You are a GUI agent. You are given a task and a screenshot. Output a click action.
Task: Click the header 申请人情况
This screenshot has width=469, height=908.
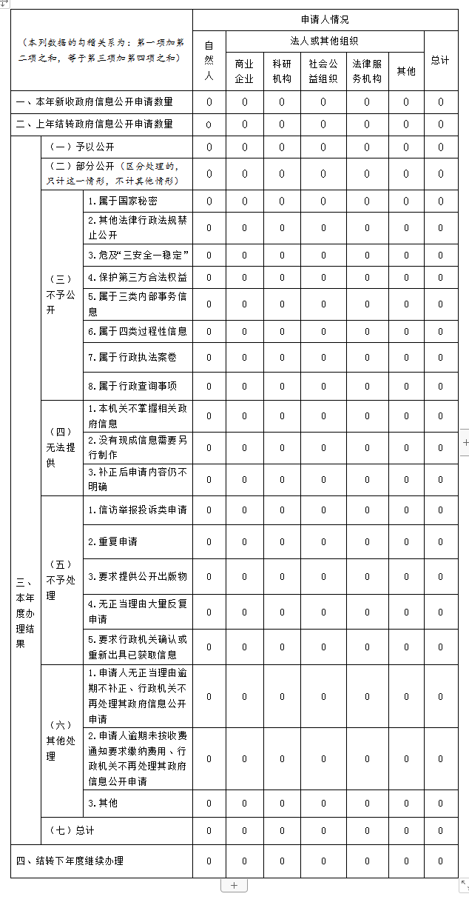coord(325,20)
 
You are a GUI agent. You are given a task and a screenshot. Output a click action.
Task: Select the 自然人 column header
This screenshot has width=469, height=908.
coord(209,61)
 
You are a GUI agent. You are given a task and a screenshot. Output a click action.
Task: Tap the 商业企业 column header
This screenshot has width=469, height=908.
coord(244,71)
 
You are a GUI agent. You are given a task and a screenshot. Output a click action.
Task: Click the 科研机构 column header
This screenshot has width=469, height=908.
coord(282,71)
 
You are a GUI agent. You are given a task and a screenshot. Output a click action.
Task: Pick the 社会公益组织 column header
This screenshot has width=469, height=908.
coord(323,71)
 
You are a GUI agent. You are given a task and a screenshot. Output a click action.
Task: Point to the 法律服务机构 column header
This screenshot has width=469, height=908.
coord(367,71)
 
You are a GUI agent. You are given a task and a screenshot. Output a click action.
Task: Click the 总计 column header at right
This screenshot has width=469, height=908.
coord(440,60)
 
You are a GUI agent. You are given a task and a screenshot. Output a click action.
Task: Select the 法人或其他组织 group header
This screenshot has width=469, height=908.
coord(325,41)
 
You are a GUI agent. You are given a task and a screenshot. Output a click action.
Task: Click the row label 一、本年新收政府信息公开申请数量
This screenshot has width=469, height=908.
coord(95,101)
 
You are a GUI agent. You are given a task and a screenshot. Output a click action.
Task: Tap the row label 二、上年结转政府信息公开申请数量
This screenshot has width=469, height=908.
coord(95,124)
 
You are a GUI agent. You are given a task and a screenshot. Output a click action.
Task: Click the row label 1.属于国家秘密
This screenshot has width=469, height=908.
coord(122,201)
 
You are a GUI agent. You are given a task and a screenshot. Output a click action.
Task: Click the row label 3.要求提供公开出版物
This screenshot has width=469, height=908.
coord(137,576)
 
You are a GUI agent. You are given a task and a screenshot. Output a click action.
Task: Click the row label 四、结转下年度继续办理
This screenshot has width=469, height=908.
coord(70,861)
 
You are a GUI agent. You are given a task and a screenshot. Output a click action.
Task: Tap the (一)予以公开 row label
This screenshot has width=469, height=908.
coord(81,147)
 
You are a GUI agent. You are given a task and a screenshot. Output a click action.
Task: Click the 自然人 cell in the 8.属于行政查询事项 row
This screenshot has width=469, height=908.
coord(209,386)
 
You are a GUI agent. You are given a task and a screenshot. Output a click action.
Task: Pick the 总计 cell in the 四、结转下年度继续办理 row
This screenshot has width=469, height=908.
coord(440,861)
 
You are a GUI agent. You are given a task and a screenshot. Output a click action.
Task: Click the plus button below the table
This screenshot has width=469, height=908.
coord(234,886)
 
